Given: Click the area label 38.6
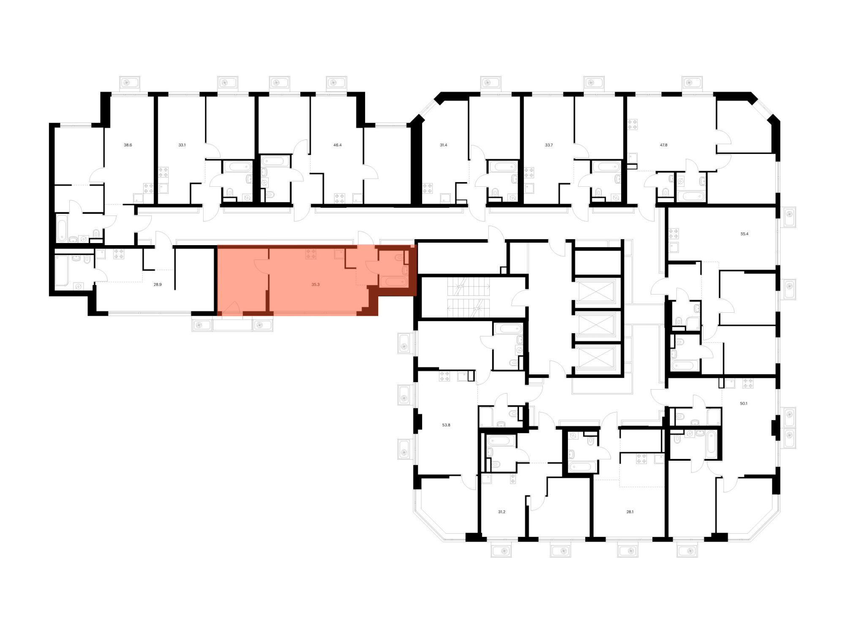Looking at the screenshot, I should [128, 145].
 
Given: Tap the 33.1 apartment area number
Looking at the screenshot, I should [182, 145].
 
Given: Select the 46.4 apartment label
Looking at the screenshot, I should [337, 145].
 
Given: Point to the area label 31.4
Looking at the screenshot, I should [443, 145].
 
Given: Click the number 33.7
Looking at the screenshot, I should [548, 145].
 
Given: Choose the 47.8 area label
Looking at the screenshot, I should [664, 145].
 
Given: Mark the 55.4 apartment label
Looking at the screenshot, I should [744, 234].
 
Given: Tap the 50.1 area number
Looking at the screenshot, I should [744, 404].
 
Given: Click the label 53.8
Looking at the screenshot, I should [446, 425].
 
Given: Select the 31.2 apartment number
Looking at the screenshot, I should [502, 512].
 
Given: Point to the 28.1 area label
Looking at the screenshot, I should [630, 512].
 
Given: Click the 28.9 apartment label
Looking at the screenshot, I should [158, 285].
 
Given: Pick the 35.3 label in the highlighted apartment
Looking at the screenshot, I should [315, 285].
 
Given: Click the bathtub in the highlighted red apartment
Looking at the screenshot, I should [393, 281].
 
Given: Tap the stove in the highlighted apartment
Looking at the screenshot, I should [311, 254].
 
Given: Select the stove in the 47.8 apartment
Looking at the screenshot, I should [632, 124].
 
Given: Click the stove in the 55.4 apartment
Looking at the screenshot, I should [673, 234].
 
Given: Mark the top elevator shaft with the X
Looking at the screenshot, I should [596, 292].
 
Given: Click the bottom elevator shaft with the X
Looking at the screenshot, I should [596, 358].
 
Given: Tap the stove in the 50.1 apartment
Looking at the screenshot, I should [748, 383].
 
